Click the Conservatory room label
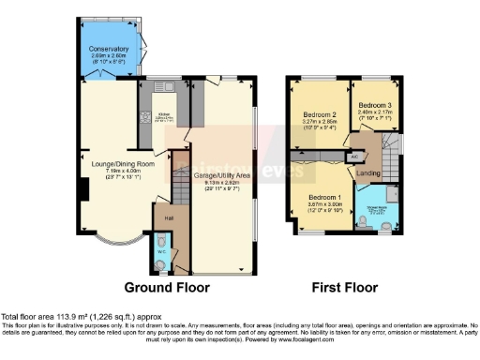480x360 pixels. pyautogui.click(x=109, y=48)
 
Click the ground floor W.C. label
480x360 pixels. pyautogui.click(x=161, y=251)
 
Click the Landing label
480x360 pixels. pyautogui.click(x=367, y=173)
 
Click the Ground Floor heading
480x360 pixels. pyautogui.click(x=167, y=287)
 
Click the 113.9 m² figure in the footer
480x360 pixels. pyautogui.click(x=63, y=317)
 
